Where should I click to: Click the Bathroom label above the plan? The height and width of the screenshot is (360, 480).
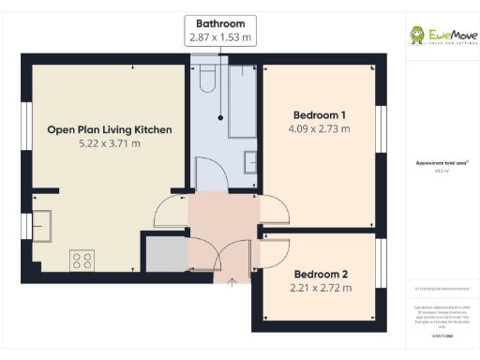[221, 23]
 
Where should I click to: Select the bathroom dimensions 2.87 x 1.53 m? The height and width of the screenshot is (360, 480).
[221, 37]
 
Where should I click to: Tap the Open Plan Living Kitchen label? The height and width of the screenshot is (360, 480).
[110, 129]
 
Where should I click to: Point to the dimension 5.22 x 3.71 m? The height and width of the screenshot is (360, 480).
[110, 143]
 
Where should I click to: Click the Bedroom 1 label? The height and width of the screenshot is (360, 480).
[320, 114]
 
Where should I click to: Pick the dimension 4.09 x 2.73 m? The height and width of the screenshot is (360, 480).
[320, 128]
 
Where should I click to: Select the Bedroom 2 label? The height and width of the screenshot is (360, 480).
[320, 274]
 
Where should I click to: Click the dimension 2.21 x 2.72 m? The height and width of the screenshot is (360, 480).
[320, 288]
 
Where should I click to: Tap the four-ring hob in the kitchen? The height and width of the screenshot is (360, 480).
[82, 258]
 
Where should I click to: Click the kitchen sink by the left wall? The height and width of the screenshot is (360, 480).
[44, 225]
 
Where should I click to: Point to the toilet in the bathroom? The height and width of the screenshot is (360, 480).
[208, 75]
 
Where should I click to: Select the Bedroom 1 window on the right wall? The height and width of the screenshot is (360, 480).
[381, 127]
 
